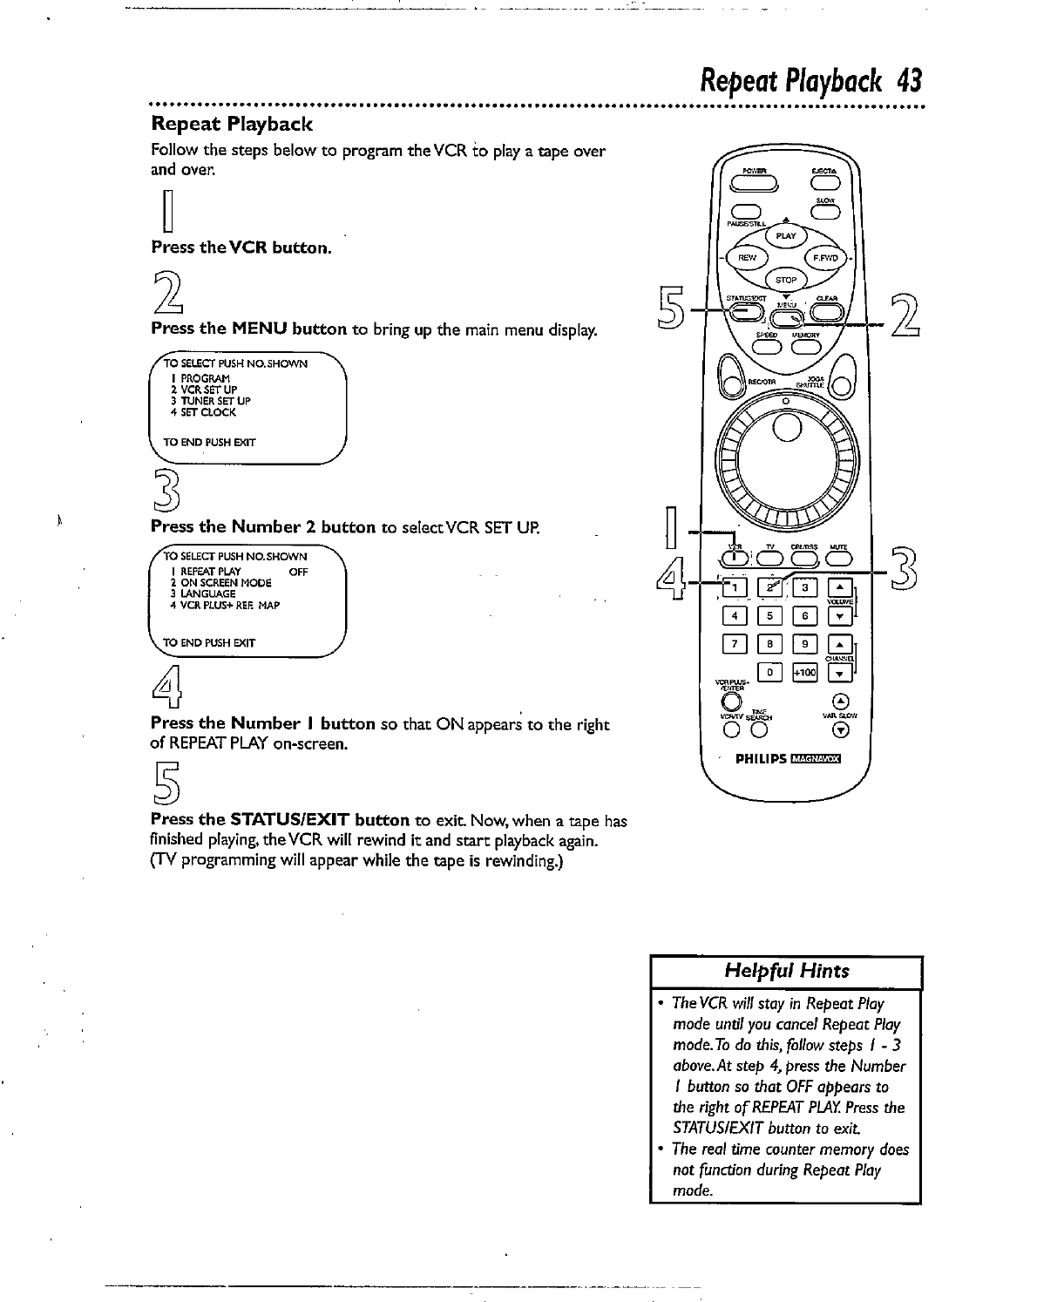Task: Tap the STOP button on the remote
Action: click(x=786, y=280)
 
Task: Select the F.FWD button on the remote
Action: click(x=823, y=258)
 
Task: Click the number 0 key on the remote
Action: click(x=769, y=673)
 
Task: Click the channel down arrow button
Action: click(x=840, y=674)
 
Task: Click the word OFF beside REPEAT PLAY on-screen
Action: click(x=298, y=572)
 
